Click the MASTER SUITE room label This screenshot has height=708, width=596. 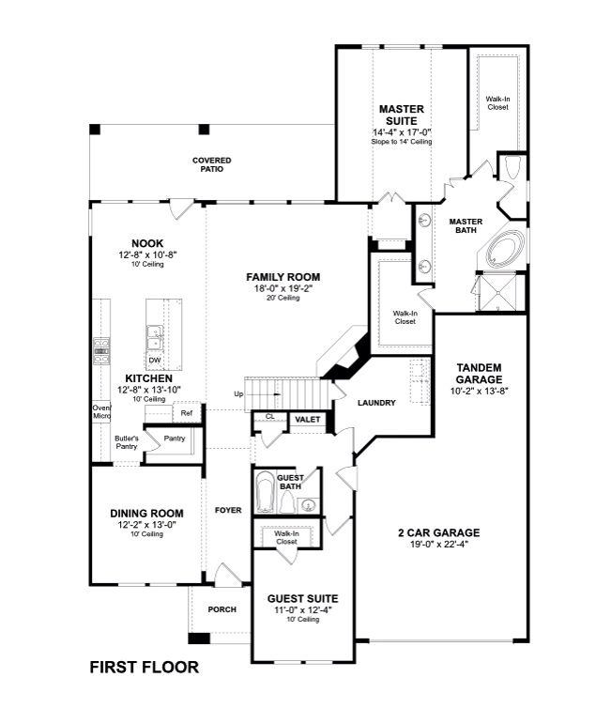point(402,115)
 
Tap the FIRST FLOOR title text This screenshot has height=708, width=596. point(145,667)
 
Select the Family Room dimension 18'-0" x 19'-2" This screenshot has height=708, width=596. point(283,288)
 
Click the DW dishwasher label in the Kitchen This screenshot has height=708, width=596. point(155,360)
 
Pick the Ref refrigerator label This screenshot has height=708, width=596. point(187,413)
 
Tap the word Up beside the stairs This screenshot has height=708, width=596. point(238,394)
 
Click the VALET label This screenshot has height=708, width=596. point(308,420)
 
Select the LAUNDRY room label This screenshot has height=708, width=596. point(376,403)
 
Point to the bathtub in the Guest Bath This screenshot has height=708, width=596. point(266,491)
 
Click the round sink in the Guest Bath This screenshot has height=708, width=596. point(308,504)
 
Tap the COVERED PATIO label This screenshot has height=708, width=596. point(211,164)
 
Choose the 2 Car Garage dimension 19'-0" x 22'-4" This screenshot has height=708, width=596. point(439,544)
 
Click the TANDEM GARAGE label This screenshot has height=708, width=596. point(479,374)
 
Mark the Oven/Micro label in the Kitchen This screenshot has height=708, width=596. point(101,411)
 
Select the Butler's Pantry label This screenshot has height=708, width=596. point(127,442)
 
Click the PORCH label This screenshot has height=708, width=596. point(222,609)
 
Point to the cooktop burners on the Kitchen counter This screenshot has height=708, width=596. point(101,351)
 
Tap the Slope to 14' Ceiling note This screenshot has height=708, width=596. point(402,142)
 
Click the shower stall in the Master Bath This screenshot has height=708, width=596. point(498,292)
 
